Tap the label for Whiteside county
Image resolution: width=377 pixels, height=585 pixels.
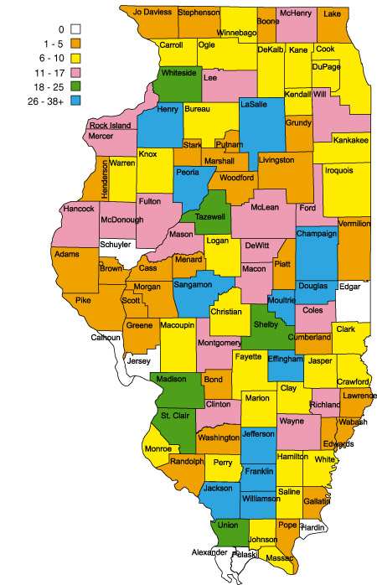pyautogui.click(x=178, y=73)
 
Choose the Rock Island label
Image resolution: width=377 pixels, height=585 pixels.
pyautogui.click(x=110, y=125)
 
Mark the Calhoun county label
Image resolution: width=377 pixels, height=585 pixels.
pyautogui.click(x=106, y=338)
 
